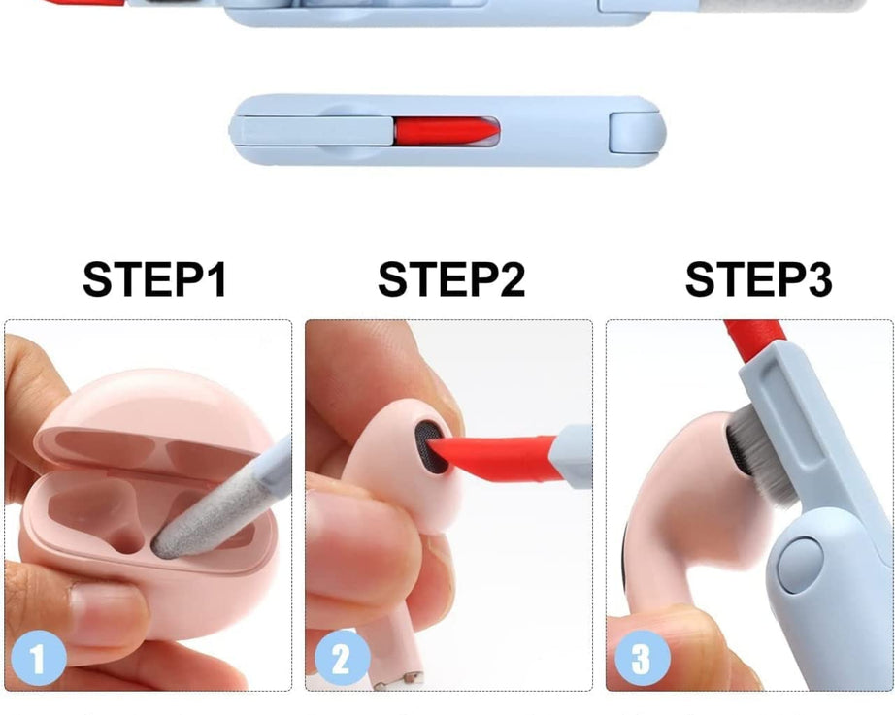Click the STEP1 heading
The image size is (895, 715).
[x=154, y=279]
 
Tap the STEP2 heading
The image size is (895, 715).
[x=451, y=279]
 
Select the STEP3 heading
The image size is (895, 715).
[x=758, y=279]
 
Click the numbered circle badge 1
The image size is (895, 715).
[x=37, y=660]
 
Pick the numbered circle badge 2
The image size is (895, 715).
[x=339, y=660]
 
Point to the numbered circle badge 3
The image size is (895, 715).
[x=641, y=660]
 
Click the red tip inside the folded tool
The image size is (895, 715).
[x=446, y=130]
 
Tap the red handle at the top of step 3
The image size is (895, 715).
[x=754, y=335]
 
